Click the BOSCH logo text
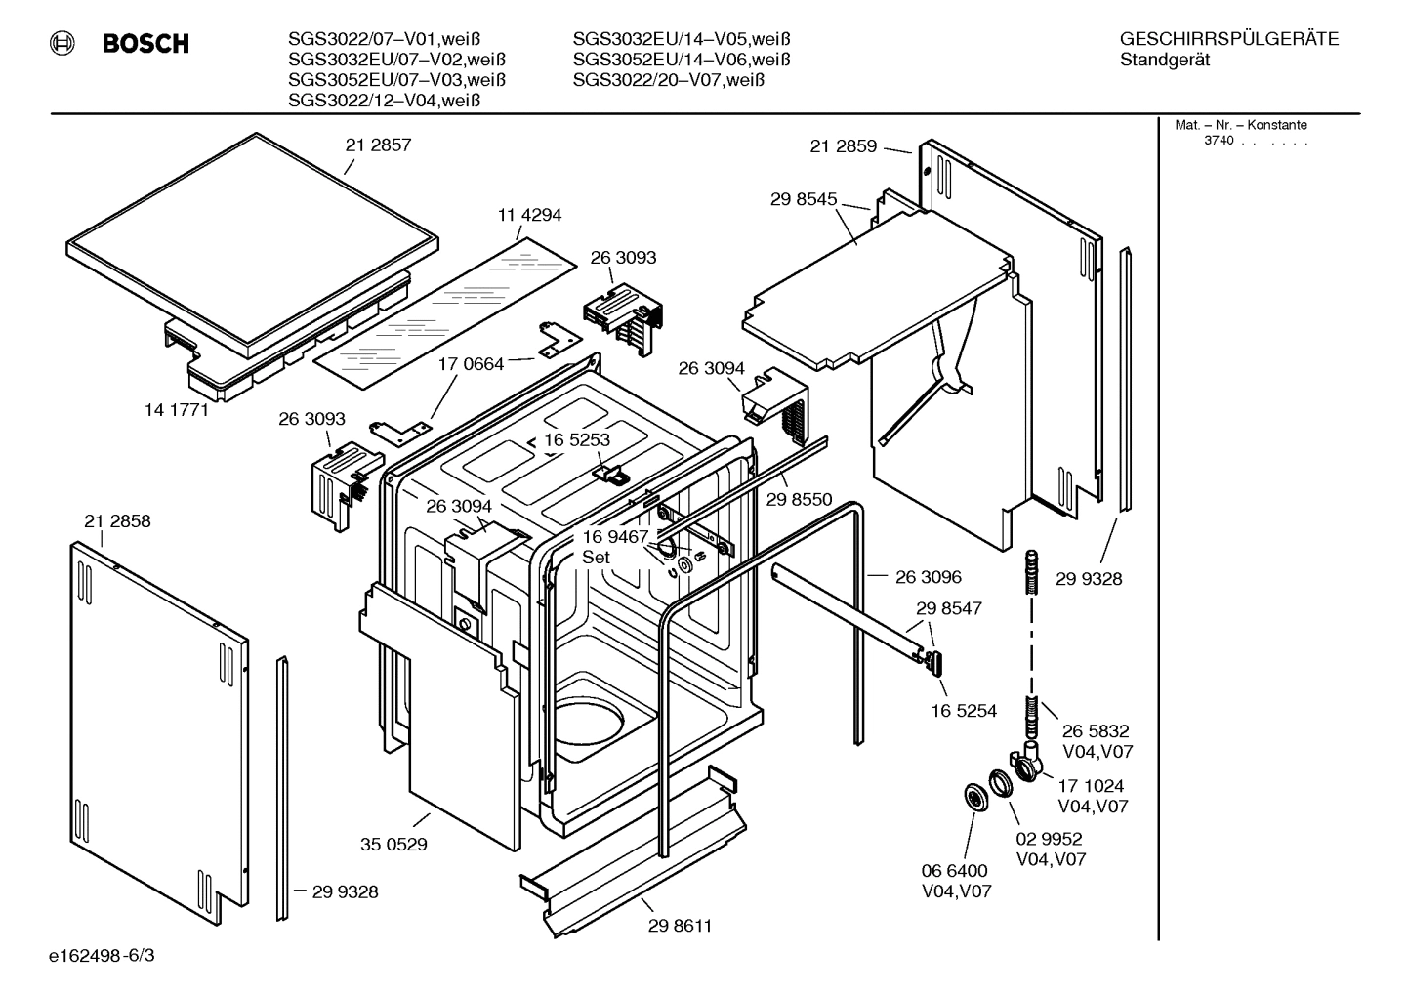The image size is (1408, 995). pos(145,44)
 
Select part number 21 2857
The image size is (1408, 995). pos(378,145)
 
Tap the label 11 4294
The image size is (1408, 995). pos(529,215)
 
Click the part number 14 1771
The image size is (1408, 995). pos(177,410)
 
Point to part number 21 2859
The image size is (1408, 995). pos(843,146)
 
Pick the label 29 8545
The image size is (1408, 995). pos(804,199)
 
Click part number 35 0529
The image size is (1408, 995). pos(393,845)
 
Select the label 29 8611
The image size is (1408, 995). pos(680,926)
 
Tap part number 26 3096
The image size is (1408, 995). pos(928,577)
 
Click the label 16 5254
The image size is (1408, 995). pos(964,711)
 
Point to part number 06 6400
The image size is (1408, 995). pos(955,870)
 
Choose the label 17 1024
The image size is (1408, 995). pos(1091,785)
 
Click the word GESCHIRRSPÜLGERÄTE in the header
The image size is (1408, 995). pos(1228,39)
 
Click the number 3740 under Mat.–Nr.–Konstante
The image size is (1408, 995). pos(1218,141)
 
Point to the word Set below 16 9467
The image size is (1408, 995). pos(596,558)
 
